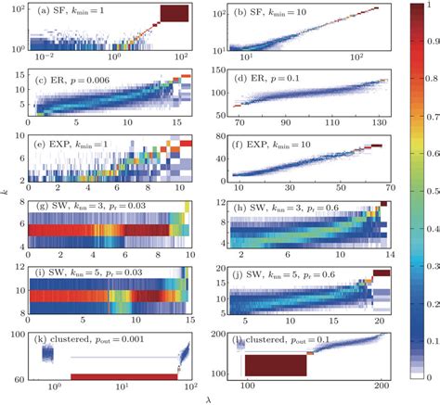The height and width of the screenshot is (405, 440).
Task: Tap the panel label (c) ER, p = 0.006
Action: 75,80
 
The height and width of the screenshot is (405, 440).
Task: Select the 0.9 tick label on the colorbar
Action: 422,42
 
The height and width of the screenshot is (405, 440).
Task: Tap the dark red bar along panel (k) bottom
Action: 123,376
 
